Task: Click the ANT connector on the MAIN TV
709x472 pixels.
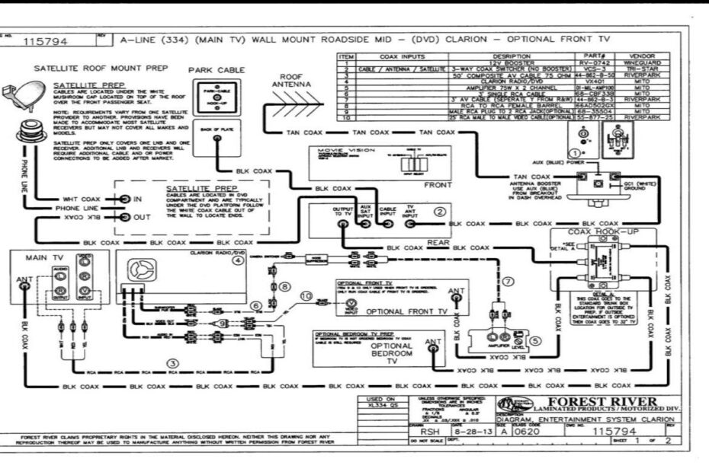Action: point(23,279)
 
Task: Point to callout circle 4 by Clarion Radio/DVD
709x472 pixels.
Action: point(238,260)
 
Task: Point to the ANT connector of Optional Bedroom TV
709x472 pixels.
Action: point(432,343)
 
